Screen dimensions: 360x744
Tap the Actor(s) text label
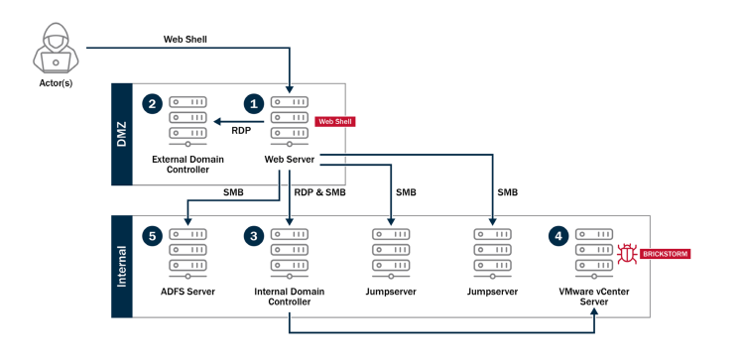[56, 85]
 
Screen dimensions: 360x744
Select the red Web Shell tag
[334, 121]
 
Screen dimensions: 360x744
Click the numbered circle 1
[254, 103]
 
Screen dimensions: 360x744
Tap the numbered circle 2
[152, 103]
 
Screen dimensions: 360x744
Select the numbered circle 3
[254, 236]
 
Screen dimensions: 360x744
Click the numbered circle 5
[152, 236]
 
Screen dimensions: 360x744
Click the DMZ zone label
[121, 135]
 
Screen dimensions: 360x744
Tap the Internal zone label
[121, 267]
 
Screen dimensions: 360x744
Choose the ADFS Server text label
[187, 292]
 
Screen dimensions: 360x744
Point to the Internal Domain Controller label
[290, 297]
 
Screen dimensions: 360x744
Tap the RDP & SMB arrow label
[319, 191]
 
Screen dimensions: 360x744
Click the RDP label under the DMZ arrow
[241, 130]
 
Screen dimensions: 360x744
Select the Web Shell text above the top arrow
[186, 40]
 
